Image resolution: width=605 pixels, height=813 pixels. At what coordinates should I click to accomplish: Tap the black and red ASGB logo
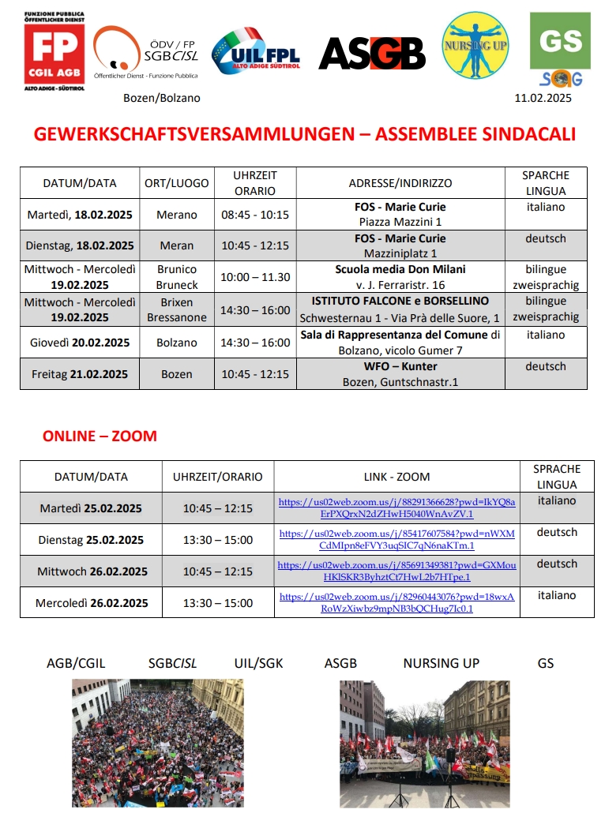pos(372,54)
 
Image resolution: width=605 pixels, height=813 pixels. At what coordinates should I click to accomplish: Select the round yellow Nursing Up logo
pos(475,45)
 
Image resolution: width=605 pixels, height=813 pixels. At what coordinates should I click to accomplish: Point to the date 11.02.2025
pos(543,98)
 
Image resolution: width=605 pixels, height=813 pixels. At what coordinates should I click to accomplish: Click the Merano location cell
pos(177,215)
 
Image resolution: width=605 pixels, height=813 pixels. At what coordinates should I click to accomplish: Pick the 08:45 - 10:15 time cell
pos(255,215)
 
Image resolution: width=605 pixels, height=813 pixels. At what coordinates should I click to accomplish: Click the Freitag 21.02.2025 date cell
pos(80,373)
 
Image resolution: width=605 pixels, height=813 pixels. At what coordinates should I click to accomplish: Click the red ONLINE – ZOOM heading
pos(100,436)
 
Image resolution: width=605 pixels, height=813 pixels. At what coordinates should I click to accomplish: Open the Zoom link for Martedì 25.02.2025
pos(397,508)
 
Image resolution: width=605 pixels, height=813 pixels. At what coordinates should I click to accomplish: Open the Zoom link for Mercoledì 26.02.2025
pos(397,602)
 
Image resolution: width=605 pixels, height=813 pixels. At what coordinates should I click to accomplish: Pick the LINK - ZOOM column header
pos(396,477)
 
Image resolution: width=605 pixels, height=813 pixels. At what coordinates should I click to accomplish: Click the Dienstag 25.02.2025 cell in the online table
pos(91,540)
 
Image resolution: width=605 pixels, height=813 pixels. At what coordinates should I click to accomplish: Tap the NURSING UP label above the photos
pos(441,663)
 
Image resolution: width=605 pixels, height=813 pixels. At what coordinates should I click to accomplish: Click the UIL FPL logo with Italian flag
pos(257,52)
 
